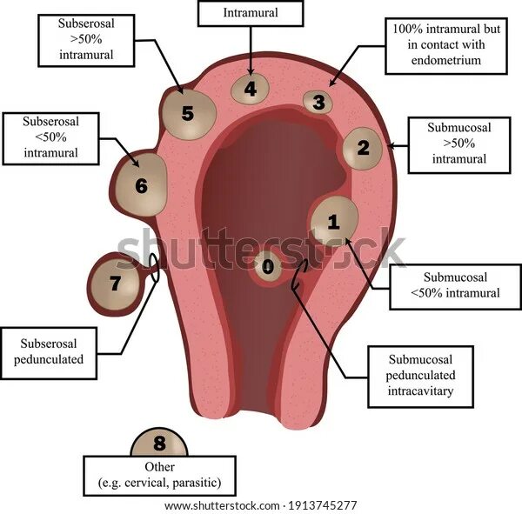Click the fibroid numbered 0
point(267,266)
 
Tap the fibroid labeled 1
point(333,221)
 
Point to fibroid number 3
point(319,102)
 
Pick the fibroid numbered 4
point(251,88)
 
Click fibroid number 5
point(188,112)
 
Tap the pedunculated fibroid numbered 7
point(117,284)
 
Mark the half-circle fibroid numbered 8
point(159,444)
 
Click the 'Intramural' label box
point(251,13)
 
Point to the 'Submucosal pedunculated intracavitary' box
point(420,376)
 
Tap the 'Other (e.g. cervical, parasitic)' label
point(160,473)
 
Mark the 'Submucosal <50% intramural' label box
point(456,284)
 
